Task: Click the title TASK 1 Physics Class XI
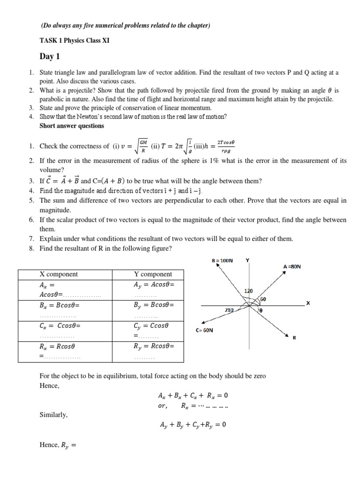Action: coord(75,40)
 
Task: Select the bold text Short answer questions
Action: coord(72,126)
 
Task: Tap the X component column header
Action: coord(59,274)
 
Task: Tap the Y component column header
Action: coord(153,274)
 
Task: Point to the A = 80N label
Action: coord(292,267)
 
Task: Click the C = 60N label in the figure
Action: coord(204,330)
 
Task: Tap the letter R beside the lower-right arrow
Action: coord(294,337)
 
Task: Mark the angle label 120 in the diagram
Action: coord(248,291)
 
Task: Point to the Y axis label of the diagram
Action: coord(247,260)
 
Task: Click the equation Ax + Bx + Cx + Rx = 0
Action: coord(193,395)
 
